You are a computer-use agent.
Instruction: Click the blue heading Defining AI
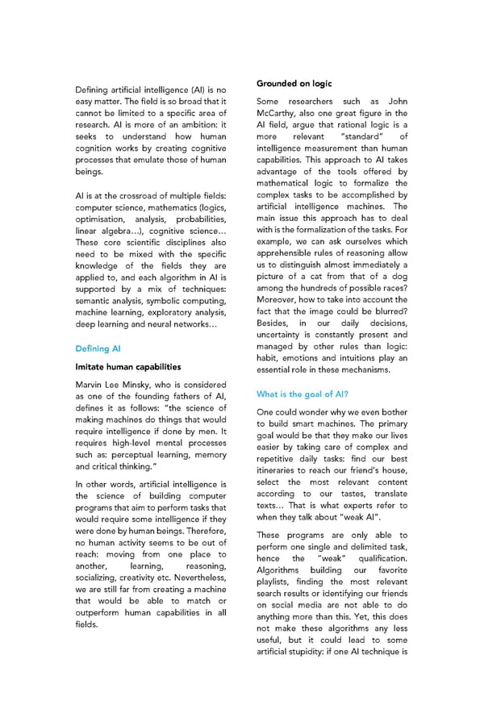point(98,348)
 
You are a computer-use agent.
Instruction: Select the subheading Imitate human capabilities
point(127,367)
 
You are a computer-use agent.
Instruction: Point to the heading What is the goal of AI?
point(302,394)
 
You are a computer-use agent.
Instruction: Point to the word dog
point(399,277)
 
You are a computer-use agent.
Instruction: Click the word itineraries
point(282,470)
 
